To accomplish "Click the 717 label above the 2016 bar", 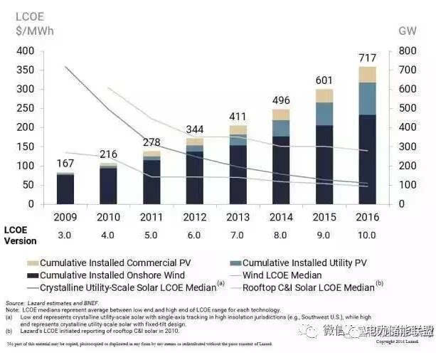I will click(x=367, y=57).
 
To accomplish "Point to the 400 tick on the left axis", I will click(x=23, y=51).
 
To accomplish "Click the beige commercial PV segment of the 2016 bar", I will click(x=367, y=75).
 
